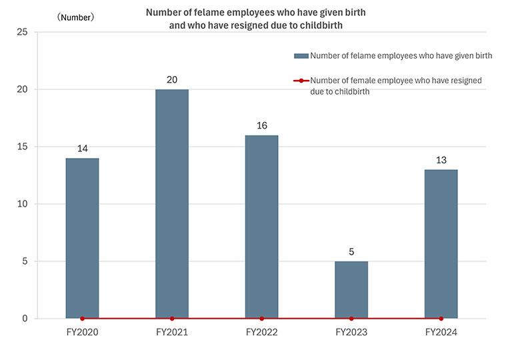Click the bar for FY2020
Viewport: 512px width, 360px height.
(82, 238)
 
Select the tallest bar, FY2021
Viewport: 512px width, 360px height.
(172, 203)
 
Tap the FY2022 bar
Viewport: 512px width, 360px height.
(261, 227)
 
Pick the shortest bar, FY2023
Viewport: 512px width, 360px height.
(351, 289)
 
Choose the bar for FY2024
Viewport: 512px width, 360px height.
(441, 244)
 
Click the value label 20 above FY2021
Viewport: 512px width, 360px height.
(172, 80)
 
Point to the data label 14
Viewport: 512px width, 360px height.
(82, 149)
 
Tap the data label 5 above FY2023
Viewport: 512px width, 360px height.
(351, 252)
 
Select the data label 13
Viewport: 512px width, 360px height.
(441, 160)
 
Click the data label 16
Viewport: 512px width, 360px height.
(261, 126)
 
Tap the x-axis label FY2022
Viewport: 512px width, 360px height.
(261, 331)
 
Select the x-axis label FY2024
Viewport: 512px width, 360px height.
(441, 331)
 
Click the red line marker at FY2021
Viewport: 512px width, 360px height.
(172, 319)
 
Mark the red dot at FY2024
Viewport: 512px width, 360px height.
(441, 319)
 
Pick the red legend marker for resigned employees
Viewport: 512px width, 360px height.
(301, 81)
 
